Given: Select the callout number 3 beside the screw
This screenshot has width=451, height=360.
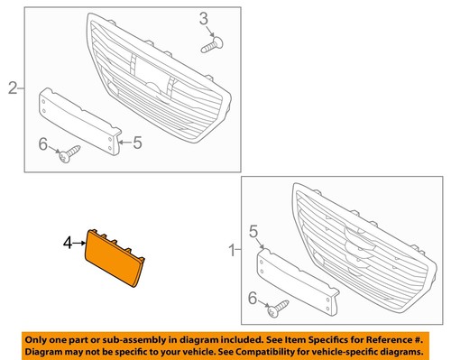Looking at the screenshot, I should tap(204, 18).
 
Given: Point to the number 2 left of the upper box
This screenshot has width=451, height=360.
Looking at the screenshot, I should tap(13, 88).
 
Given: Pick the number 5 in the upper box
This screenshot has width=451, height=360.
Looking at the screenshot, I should tap(138, 142).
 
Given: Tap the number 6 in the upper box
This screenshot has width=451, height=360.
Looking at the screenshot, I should tap(41, 143).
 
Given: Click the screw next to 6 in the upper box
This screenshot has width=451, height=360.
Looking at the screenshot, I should tap(68, 157).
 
